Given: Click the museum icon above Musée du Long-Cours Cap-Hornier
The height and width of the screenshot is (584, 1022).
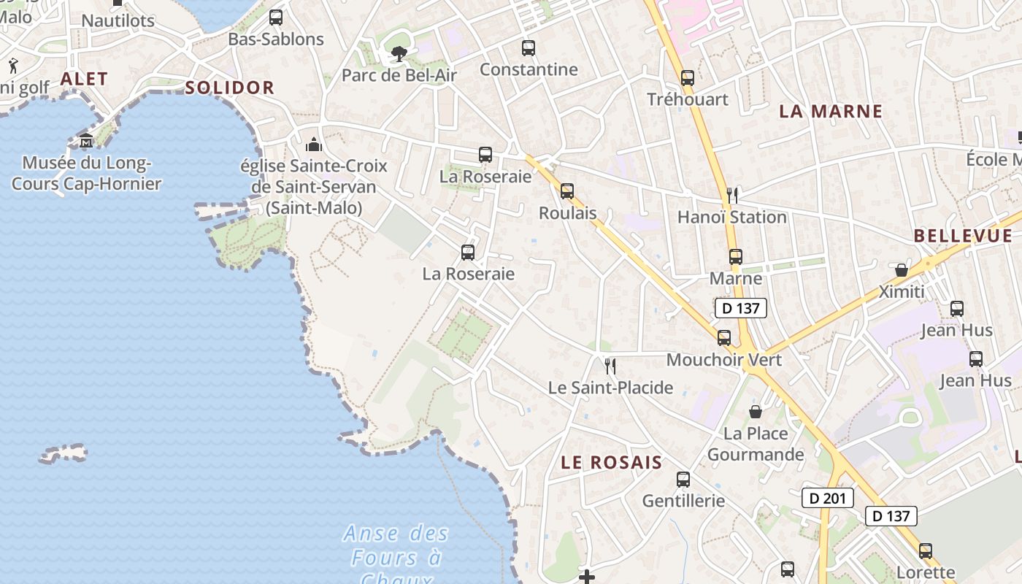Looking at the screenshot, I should [x=86, y=140].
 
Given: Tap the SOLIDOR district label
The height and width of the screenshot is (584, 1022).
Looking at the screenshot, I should [x=229, y=88].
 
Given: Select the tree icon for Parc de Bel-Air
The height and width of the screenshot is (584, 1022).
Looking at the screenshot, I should [x=399, y=53].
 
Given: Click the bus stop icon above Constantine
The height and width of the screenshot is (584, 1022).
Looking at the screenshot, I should [x=529, y=48].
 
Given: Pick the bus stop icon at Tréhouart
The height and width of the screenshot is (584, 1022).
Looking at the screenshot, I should [x=687, y=77].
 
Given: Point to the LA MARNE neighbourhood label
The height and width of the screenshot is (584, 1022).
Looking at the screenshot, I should [x=831, y=111].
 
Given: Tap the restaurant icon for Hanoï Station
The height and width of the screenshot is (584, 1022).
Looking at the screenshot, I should [x=732, y=195].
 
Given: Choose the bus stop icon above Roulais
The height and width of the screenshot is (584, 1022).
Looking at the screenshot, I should [x=567, y=191].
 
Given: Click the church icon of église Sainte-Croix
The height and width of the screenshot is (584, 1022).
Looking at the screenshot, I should [x=314, y=144].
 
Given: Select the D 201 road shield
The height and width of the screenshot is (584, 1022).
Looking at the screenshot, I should [x=827, y=498].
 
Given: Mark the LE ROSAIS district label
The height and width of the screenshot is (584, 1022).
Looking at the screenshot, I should [x=611, y=462].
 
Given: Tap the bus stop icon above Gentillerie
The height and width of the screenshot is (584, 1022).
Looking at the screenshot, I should [x=683, y=480].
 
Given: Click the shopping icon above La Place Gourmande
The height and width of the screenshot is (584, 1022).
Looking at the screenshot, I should [x=756, y=412].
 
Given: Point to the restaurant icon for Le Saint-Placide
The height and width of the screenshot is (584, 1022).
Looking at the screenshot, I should [x=610, y=366].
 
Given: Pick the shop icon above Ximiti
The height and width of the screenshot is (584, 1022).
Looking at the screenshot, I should [x=902, y=270].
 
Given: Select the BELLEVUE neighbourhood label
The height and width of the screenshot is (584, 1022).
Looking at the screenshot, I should [x=963, y=236].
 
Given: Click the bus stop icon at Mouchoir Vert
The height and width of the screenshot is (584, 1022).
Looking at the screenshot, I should [x=724, y=337].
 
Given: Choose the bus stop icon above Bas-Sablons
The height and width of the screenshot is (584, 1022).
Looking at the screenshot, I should [x=275, y=18].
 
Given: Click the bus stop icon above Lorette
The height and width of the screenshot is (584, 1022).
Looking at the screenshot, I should [x=926, y=550].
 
